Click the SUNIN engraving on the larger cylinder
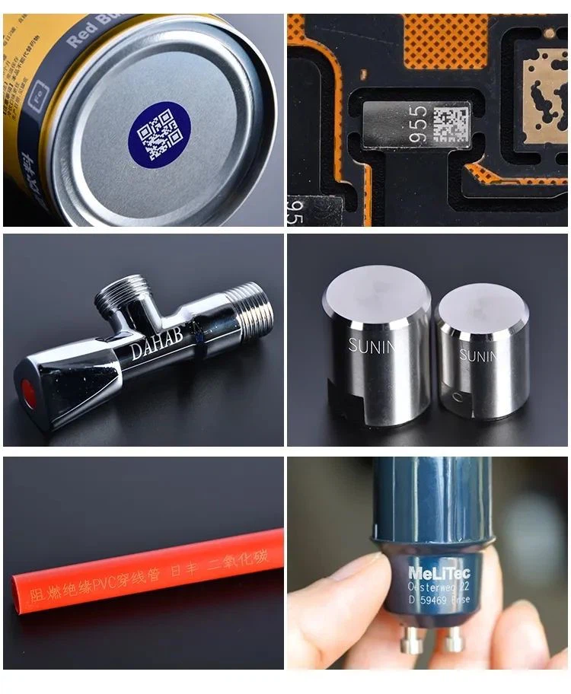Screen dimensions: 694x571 coord(372,346)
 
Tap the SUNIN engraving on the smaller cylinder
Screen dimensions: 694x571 coord(479,355)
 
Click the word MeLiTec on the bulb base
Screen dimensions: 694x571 coord(439,573)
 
